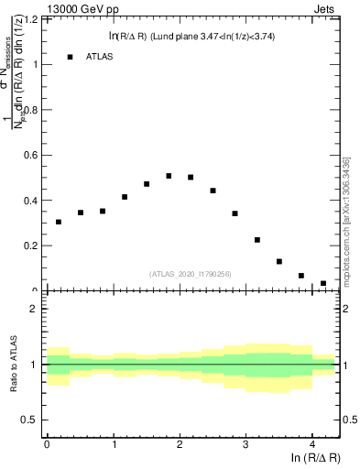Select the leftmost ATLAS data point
coord(59,222)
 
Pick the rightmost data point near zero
coord(323,284)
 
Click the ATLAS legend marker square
coord(70,57)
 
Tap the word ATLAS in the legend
coord(99,57)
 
